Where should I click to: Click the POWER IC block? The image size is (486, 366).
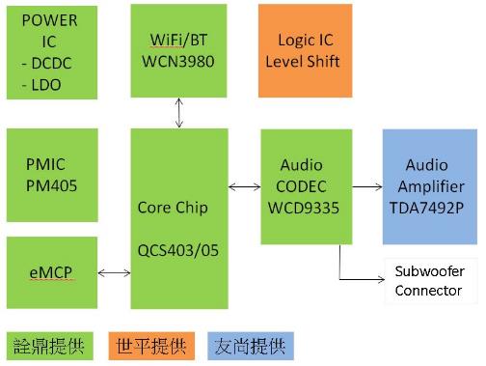(51, 50)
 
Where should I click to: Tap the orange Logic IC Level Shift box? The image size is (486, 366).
(305, 50)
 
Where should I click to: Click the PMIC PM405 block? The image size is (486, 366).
(51, 173)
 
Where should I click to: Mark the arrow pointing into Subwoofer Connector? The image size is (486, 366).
(362, 281)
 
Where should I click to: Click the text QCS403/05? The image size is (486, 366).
(179, 248)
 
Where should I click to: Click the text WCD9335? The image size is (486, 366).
(300, 207)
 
